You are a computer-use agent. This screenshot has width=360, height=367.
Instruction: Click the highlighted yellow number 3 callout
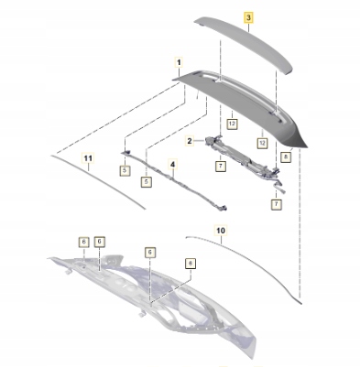248,17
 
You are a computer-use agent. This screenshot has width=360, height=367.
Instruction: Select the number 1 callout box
179,62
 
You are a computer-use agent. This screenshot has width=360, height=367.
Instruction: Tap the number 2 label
190,141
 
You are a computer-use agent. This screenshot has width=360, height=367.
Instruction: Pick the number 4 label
173,165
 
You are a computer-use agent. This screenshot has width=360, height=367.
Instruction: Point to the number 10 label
221,231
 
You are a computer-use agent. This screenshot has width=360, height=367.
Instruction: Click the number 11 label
88,158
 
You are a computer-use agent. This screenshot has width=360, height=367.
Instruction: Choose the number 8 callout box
286,157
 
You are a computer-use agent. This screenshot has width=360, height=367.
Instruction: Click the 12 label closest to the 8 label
262,143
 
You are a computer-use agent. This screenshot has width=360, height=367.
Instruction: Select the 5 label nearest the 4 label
147,182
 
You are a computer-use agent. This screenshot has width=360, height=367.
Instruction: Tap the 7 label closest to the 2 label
221,166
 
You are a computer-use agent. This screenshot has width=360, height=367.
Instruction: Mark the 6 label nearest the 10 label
191,264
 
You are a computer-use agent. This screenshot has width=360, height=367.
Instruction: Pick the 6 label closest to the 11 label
83,242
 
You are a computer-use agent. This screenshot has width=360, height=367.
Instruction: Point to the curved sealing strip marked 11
98,181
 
